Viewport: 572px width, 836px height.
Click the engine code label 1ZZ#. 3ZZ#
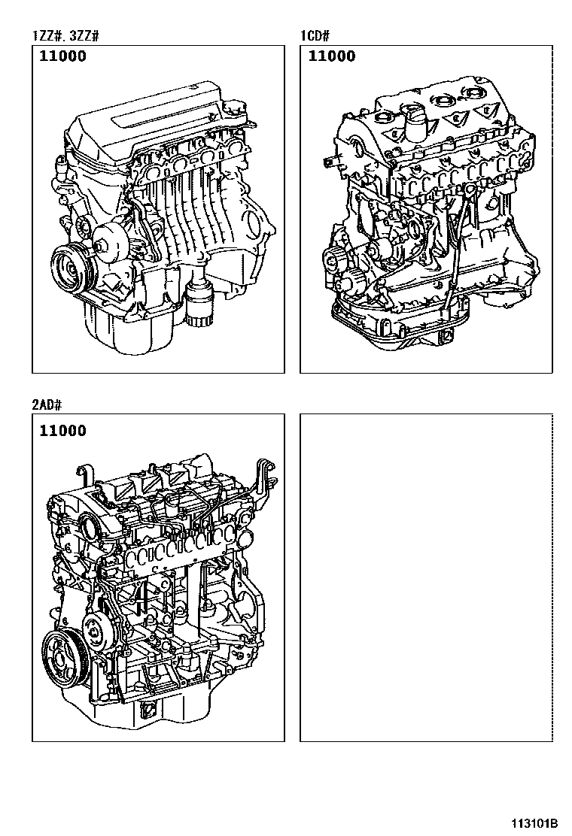(x=65, y=36)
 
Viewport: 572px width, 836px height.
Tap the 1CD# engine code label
(x=315, y=36)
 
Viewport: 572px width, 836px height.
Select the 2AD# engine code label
(x=47, y=404)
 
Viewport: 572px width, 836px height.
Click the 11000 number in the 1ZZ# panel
(x=63, y=56)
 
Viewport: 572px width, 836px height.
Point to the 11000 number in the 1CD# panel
(x=332, y=56)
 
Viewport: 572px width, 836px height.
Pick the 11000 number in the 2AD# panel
(x=63, y=431)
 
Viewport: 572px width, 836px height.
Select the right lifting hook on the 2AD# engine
(x=265, y=474)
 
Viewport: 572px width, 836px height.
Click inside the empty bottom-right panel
(x=426, y=577)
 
